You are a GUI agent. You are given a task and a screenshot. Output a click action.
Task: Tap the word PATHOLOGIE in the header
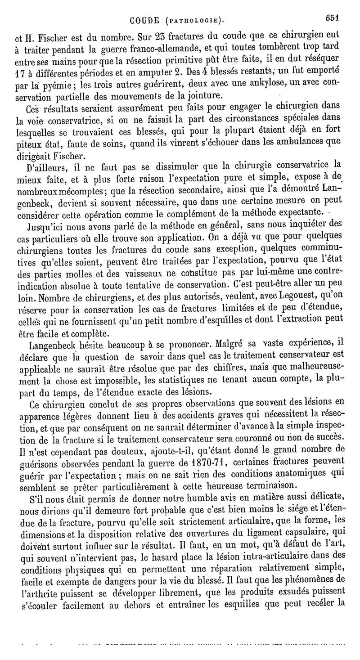coord(195,20)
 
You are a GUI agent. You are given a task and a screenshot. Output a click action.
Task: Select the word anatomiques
coord(308,473)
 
